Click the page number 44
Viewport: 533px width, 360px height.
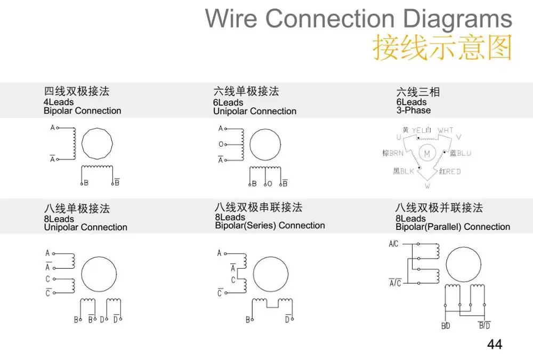tap(495, 345)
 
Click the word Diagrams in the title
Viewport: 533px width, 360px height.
tap(457, 19)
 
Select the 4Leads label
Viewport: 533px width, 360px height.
tap(59, 102)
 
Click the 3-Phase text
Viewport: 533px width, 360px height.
tap(414, 110)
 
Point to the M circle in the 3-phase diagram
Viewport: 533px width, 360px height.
tap(427, 154)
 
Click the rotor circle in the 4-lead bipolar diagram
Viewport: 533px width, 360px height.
tap(96, 143)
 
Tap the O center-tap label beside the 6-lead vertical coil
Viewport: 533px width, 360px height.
tap(221, 144)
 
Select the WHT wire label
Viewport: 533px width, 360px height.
tap(446, 130)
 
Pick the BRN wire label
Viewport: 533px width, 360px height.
tap(397, 154)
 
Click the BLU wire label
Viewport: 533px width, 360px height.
tap(464, 154)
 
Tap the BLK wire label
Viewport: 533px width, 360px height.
tap(407, 171)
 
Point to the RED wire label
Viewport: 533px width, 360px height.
tap(453, 171)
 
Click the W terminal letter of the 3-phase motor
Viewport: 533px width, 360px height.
tap(427, 186)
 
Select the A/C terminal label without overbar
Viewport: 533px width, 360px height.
tap(393, 244)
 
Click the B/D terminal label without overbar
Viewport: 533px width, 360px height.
tap(446, 326)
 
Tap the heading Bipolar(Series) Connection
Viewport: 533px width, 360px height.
tap(270, 226)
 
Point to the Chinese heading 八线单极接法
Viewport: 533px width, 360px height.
tap(77, 208)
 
